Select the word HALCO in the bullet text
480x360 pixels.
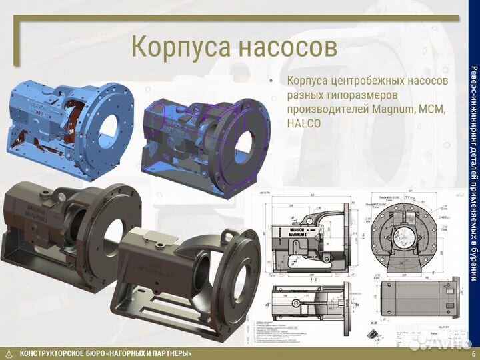point(305,124)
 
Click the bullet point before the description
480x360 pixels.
point(271,81)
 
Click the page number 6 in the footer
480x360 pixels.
point(473,353)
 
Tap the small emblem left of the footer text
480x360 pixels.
point(8,353)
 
